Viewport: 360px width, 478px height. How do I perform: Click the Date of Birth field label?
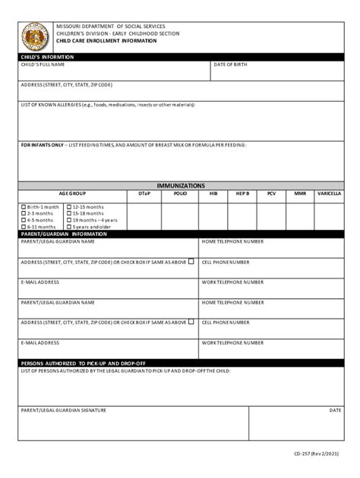click(231, 64)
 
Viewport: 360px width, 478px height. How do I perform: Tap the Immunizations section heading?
click(180, 185)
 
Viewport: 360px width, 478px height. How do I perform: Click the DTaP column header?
click(144, 193)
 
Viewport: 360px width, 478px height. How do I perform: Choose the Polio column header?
click(180, 193)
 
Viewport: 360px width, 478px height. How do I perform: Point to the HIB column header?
click(213, 193)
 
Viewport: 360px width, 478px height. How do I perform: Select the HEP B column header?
click(242, 193)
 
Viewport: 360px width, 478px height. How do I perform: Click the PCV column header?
click(271, 193)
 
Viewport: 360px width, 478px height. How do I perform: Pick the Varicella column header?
click(329, 193)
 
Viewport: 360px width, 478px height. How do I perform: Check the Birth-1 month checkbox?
click(24, 207)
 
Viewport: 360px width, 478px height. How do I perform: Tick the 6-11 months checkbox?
click(24, 227)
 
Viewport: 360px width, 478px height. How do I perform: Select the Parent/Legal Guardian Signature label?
click(63, 410)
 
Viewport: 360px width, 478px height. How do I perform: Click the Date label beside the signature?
click(335, 410)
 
